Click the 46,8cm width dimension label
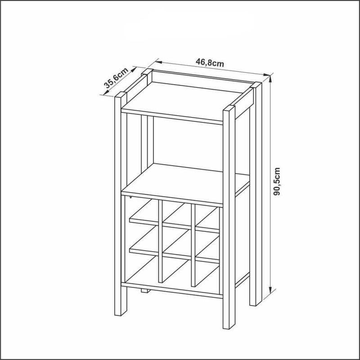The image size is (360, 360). click(x=210, y=62)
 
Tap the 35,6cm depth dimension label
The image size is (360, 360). click(x=116, y=78)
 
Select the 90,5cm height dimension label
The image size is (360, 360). click(x=277, y=181)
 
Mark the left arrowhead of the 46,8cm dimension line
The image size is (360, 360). click(x=159, y=62)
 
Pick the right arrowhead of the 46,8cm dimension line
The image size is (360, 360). click(x=266, y=75)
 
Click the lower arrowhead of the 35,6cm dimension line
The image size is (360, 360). click(x=106, y=92)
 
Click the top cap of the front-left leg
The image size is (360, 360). click(x=121, y=94)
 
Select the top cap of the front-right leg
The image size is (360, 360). click(x=229, y=108)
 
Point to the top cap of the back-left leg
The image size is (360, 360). click(x=147, y=72)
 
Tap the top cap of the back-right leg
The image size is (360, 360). click(x=256, y=85)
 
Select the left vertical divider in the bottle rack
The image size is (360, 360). click(x=161, y=241)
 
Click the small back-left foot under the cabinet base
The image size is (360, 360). click(x=145, y=291)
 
